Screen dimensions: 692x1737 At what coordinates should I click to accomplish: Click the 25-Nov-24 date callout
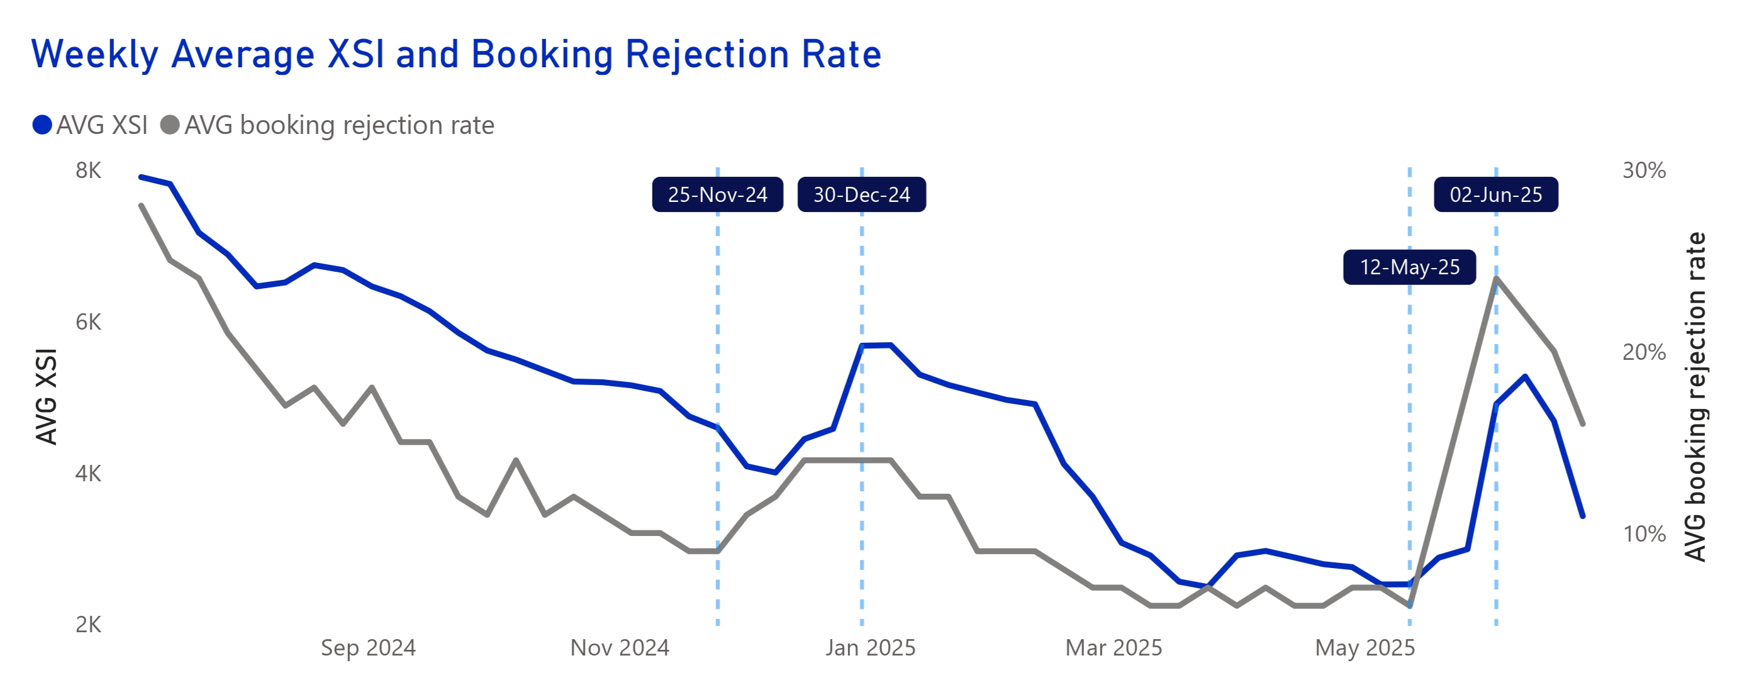pyautogui.click(x=717, y=195)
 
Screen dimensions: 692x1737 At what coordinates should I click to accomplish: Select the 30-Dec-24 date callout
pyautogui.click(x=861, y=195)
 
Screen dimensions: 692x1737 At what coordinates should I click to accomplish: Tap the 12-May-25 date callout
pyautogui.click(x=1409, y=267)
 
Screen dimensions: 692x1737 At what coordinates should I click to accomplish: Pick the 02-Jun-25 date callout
pyautogui.click(x=1495, y=195)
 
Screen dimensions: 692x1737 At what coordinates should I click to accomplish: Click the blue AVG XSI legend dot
pyautogui.click(x=42, y=125)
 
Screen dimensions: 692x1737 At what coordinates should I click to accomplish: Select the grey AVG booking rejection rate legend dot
pyautogui.click(x=170, y=125)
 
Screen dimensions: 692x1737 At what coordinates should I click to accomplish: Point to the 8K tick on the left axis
pyautogui.click(x=88, y=170)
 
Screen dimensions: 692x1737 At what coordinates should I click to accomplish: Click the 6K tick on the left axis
pyautogui.click(x=88, y=322)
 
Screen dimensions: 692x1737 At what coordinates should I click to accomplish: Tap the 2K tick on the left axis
pyautogui.click(x=88, y=625)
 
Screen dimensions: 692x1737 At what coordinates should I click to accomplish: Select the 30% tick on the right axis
pyautogui.click(x=1644, y=170)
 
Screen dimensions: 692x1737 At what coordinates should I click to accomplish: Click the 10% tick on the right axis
pyautogui.click(x=1644, y=534)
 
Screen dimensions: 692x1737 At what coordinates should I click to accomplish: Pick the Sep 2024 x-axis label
pyautogui.click(x=368, y=648)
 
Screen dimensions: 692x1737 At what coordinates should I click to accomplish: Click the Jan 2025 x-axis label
pyautogui.click(x=871, y=648)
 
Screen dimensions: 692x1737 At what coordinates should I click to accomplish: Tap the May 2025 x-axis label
pyautogui.click(x=1365, y=648)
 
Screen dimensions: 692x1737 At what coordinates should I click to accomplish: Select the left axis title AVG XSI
pyautogui.click(x=46, y=396)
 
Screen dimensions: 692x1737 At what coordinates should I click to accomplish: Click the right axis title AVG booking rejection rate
pyautogui.click(x=1695, y=396)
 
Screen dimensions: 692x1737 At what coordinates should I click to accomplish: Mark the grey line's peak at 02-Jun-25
pyautogui.click(x=1496, y=277)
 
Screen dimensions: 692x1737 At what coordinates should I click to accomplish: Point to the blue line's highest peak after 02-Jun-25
pyautogui.click(x=1525, y=376)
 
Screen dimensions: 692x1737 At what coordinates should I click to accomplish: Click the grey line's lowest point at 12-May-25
pyautogui.click(x=1409, y=606)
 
